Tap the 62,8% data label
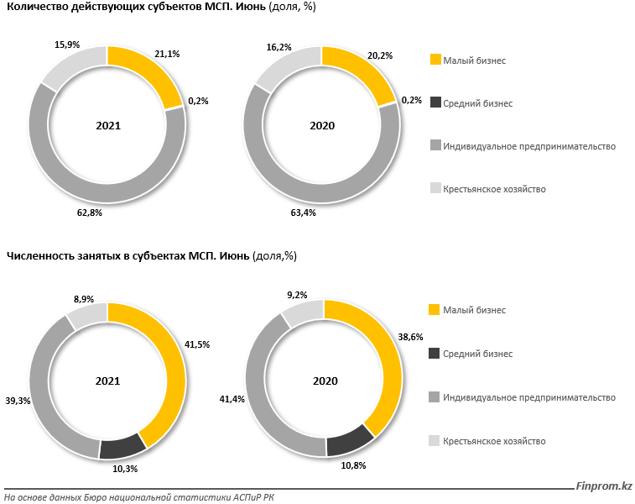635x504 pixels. click(x=89, y=214)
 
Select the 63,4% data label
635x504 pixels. click(x=304, y=214)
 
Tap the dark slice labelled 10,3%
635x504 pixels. click(x=122, y=449)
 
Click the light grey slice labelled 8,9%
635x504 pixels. click(x=86, y=316)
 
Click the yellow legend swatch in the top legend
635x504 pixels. click(x=435, y=60)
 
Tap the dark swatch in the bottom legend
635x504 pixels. click(x=435, y=354)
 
